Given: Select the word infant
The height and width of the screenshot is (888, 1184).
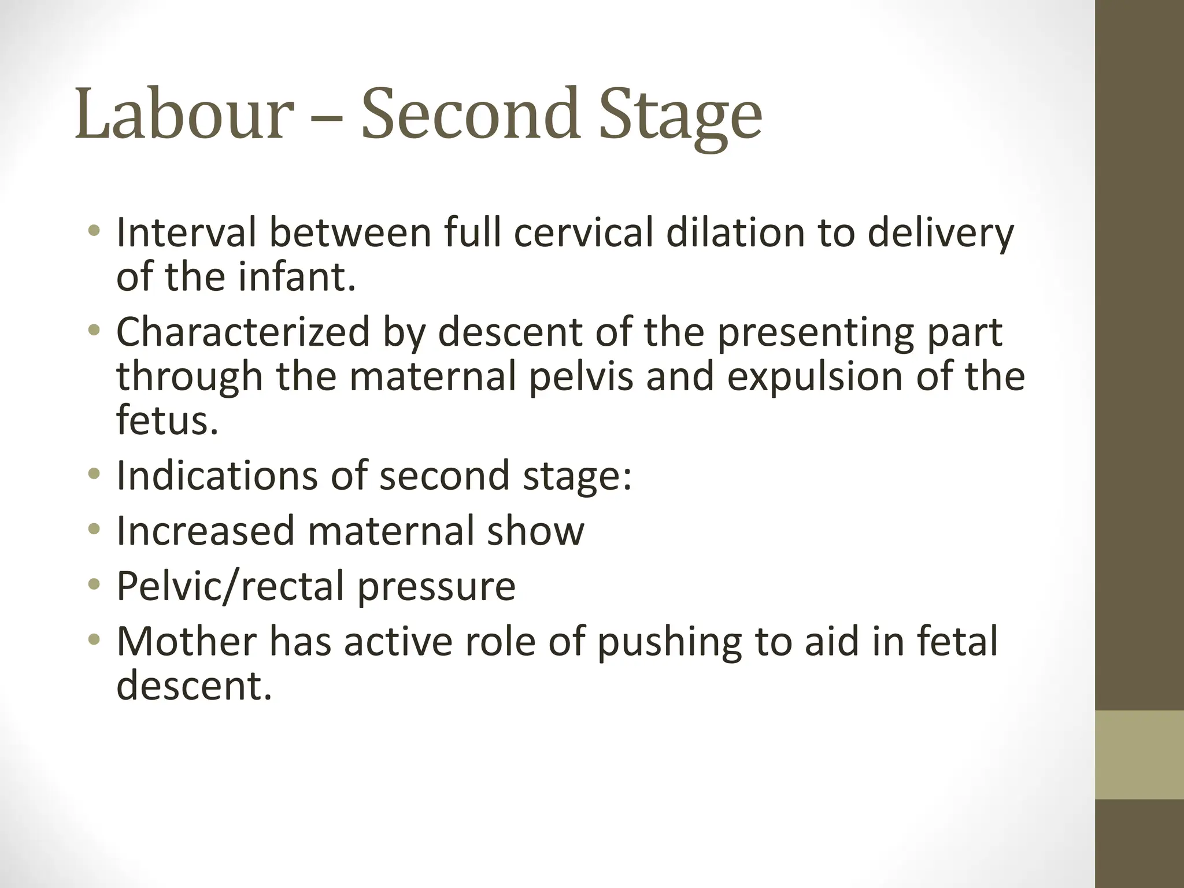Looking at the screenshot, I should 297,277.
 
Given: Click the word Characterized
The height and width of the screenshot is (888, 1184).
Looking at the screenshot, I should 243,334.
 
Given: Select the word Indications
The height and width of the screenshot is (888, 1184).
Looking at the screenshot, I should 217,476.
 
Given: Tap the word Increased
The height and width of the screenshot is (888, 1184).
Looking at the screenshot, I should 206,531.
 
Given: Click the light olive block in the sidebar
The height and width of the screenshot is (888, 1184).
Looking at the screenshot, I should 1139,754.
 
